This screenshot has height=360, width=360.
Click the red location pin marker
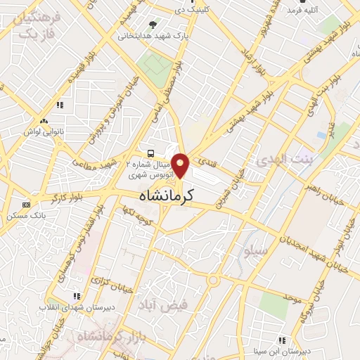coord(181,165)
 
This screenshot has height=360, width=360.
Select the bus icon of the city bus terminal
coord(150,153)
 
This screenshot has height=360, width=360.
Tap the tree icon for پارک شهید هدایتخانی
coord(154,24)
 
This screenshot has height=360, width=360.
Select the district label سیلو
coord(254,250)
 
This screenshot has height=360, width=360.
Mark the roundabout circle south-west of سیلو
coord(212,281)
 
